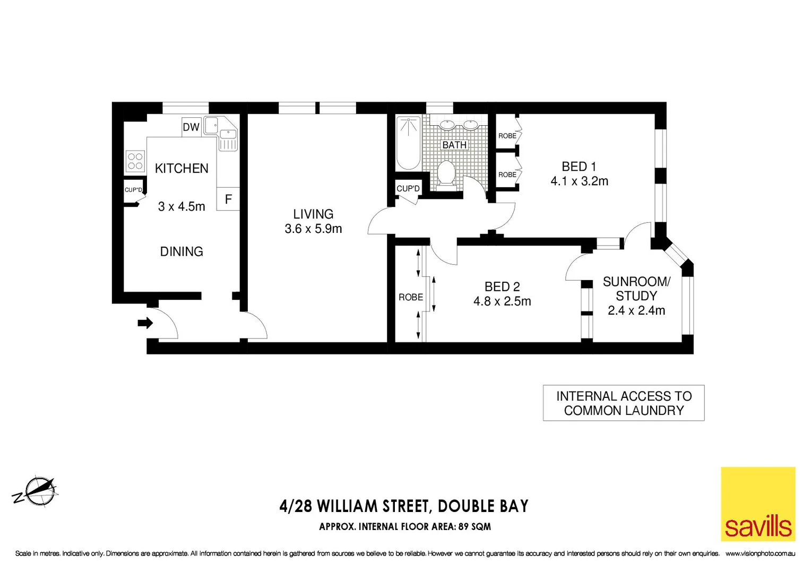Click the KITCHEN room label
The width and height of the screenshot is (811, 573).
182,168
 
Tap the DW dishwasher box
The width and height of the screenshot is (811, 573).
191,127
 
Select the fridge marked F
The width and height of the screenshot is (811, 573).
228,199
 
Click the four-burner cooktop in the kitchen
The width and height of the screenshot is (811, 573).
135,161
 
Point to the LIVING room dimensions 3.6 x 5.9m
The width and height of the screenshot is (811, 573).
313,229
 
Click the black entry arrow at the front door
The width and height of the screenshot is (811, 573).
145,323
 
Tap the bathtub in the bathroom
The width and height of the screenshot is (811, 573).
409,142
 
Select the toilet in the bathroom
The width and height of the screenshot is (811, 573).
446,173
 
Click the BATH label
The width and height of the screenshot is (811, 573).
454,145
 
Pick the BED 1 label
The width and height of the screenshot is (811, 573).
579,167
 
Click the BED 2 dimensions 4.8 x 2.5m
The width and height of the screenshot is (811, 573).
502,301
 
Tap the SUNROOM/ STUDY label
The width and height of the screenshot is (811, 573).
636,289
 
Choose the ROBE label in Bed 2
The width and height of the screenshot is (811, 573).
411,297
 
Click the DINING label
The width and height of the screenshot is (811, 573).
182,251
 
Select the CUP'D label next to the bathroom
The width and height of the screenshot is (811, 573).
408,188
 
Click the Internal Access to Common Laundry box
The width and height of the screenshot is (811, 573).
624,403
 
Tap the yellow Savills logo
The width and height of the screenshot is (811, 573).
758,504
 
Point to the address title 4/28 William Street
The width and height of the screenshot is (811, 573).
404,506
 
